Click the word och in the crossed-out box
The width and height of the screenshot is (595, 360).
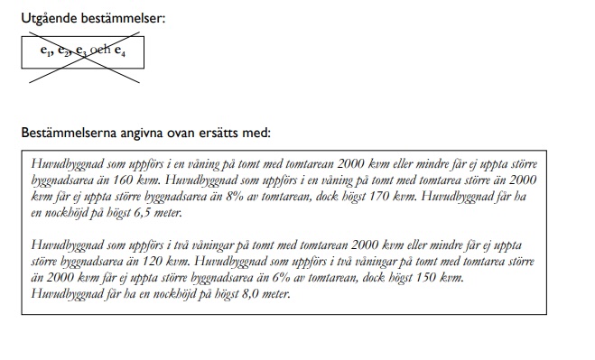(x=100, y=52)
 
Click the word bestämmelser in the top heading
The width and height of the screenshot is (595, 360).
(x=125, y=18)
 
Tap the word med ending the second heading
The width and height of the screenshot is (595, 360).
(x=257, y=133)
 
